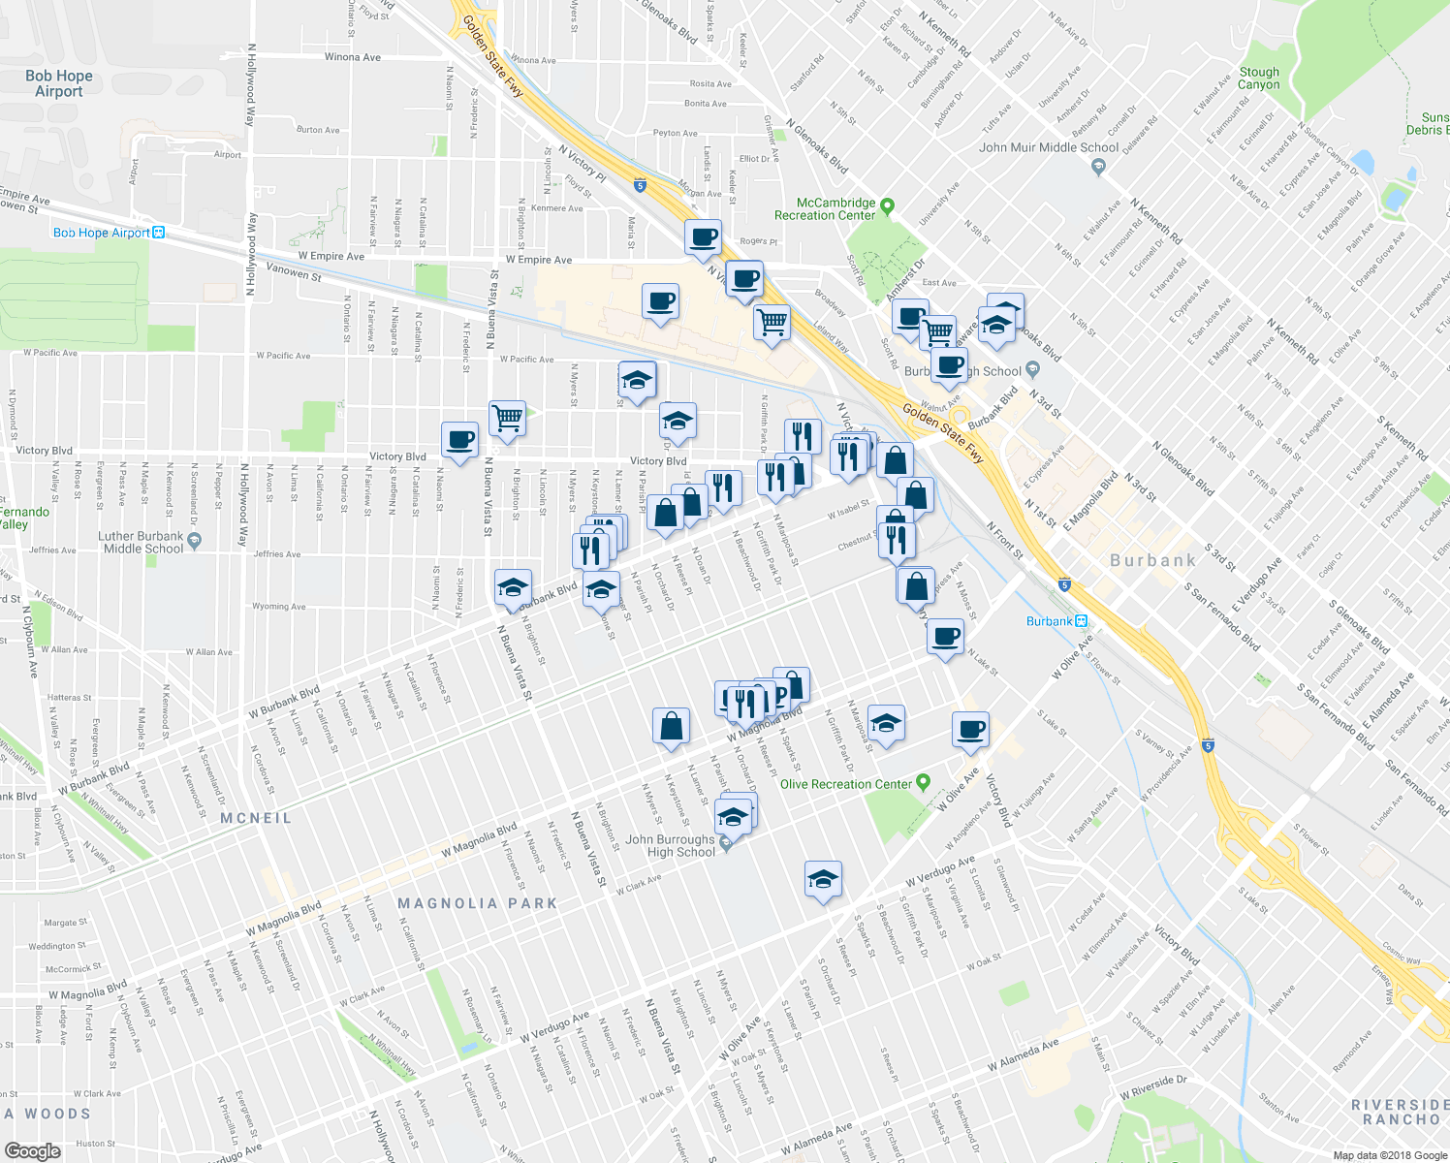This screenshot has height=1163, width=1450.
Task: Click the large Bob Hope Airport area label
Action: (59, 83)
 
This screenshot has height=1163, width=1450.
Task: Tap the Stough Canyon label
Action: (1259, 79)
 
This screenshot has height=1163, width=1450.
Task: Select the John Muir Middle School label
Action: (1048, 148)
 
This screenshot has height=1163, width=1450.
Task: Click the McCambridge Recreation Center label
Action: (824, 209)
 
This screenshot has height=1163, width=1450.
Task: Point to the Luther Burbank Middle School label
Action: (141, 543)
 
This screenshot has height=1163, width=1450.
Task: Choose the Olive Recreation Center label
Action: (845, 784)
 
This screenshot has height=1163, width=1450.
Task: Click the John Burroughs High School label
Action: (670, 846)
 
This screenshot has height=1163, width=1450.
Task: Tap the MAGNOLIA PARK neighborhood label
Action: (478, 903)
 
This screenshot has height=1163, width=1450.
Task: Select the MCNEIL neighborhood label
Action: (256, 818)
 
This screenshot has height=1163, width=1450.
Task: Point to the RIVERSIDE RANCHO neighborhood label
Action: (1401, 1112)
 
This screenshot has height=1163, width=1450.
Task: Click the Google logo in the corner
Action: (32, 1150)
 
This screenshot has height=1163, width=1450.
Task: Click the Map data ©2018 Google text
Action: (1389, 1155)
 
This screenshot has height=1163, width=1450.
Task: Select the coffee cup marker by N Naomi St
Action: (460, 439)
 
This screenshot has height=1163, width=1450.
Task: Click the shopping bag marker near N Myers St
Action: (672, 726)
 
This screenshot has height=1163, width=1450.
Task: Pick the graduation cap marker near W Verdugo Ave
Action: (823, 879)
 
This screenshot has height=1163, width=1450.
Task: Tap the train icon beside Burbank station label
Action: (1081, 621)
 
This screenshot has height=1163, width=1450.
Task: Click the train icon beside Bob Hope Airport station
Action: (159, 233)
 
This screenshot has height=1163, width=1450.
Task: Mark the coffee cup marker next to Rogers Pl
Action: (703, 236)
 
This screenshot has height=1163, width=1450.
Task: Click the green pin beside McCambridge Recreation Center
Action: (888, 205)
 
